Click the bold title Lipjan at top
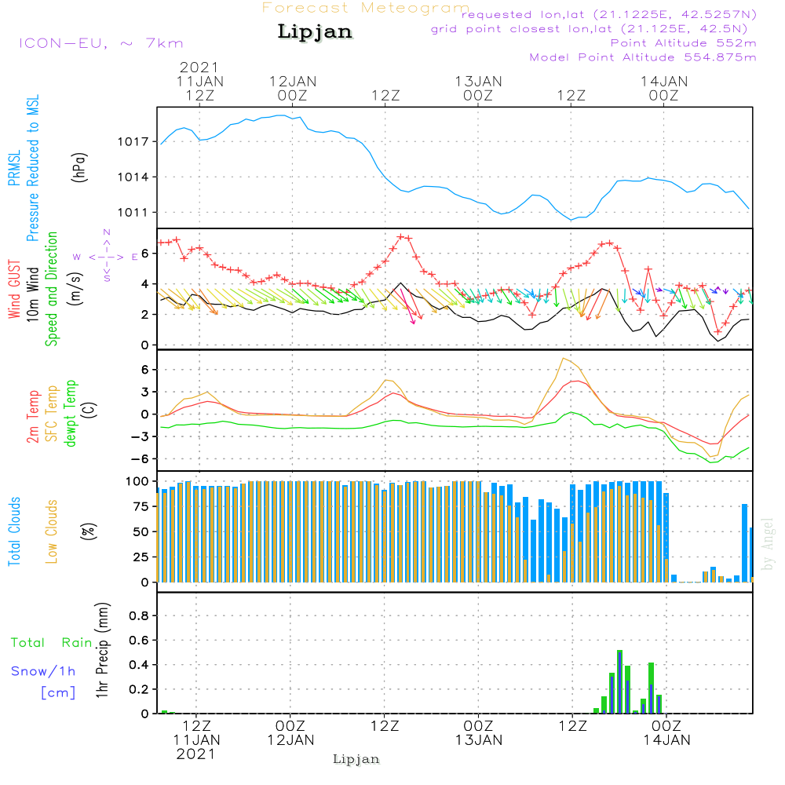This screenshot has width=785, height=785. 315,32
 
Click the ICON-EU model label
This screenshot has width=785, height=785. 100,43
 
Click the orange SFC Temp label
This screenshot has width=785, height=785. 53,413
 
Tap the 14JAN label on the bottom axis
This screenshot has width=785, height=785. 666,739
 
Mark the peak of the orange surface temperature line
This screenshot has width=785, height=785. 563,358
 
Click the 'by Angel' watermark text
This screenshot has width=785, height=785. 767,545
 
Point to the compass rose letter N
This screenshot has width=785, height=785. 107,232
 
